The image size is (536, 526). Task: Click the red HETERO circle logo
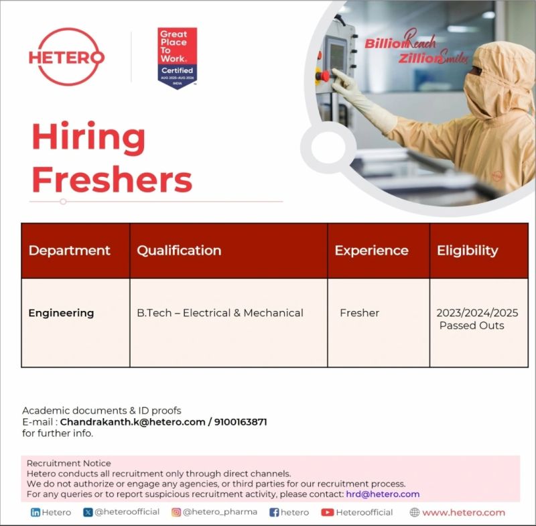coord(66,57)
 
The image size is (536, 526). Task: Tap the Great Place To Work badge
coord(178,58)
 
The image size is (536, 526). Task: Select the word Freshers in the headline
coord(112,179)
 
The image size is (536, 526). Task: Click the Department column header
coord(70,251)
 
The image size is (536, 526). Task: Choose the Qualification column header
coord(179,251)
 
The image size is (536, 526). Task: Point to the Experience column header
coord(371,251)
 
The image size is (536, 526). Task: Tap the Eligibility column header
coord(468,251)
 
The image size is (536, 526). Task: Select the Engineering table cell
coord(61,313)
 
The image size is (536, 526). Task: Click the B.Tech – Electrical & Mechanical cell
coord(220,313)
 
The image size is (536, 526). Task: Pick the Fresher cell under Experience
coord(359,313)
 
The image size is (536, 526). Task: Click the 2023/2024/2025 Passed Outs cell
coord(477,319)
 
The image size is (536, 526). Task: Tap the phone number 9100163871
coord(241,422)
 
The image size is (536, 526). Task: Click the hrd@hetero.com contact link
coord(383,494)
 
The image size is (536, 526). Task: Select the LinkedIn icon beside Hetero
coord(36,513)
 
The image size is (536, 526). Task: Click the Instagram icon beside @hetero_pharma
coord(176,513)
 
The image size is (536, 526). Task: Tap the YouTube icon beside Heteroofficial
coord(327,513)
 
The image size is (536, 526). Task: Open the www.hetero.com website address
coord(463,513)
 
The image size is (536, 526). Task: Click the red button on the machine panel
coord(326,75)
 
